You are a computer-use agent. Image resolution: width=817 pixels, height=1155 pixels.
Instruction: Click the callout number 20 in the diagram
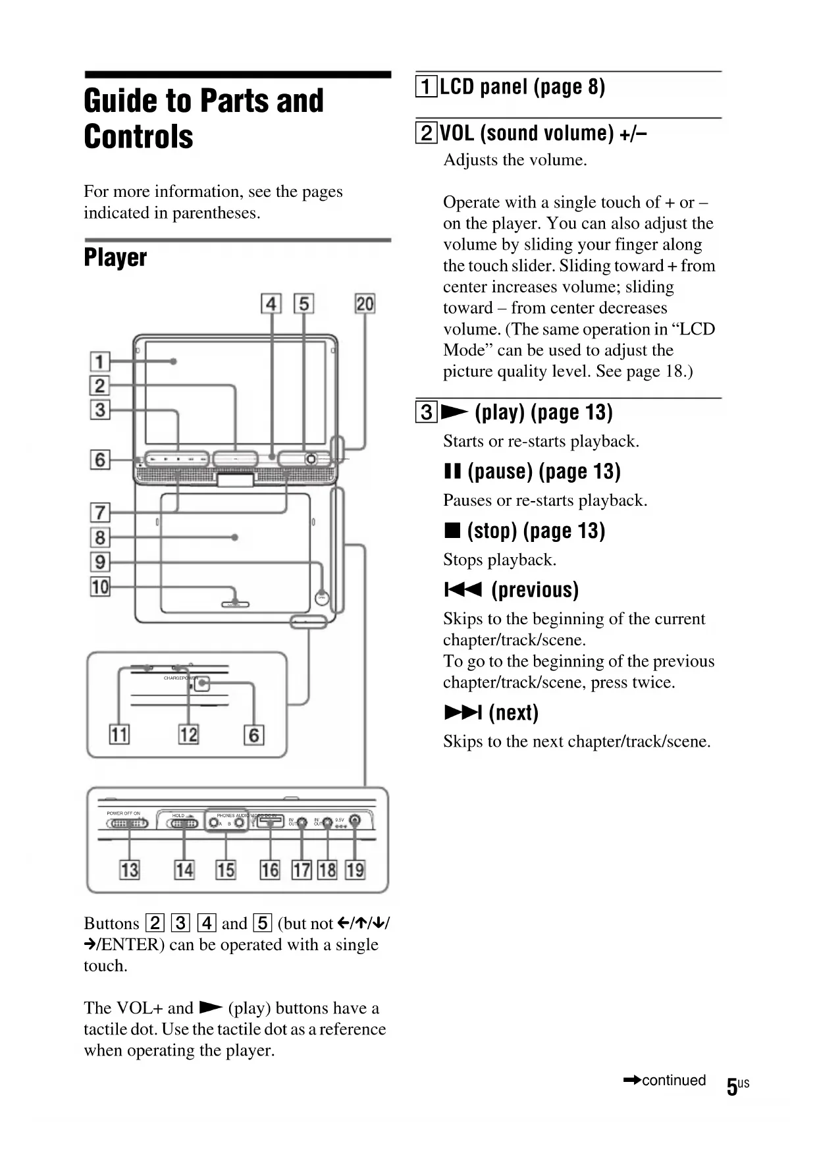pos(365,304)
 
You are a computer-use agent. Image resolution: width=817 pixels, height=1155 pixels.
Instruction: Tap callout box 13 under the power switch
pos(129,870)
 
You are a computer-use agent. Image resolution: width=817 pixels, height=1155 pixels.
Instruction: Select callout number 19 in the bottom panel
pos(355,870)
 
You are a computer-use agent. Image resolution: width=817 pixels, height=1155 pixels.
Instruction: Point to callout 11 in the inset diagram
pos(119,734)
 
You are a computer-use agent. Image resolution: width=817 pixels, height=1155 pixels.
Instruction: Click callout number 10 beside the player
pos(100,586)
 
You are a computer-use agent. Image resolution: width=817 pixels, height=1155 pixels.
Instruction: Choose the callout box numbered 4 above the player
pos(271,304)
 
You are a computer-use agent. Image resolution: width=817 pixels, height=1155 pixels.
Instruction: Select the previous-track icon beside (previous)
pos(463,589)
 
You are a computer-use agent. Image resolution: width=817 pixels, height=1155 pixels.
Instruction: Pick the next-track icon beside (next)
pos(463,712)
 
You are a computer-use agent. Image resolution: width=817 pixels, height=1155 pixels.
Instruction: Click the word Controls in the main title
pos(139,137)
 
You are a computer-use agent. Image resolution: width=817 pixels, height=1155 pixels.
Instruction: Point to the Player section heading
pos(115,257)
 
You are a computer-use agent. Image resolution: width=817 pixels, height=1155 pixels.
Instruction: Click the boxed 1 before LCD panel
pos(426,87)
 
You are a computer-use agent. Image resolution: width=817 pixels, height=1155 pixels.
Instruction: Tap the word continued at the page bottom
pos(673,1081)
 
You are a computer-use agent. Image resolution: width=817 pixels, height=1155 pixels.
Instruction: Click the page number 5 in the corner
pos(731,1087)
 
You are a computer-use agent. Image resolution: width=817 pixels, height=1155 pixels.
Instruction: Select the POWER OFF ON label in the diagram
pos(124,813)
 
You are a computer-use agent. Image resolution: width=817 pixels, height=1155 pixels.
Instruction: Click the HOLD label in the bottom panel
pos(178,815)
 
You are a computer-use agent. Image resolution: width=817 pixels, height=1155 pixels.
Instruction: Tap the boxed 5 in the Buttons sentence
pos(262,923)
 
